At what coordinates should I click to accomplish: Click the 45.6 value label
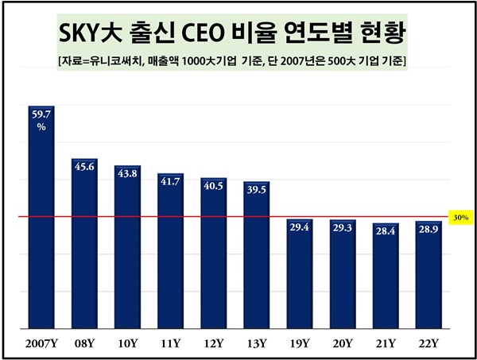84,167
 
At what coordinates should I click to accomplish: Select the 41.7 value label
170,182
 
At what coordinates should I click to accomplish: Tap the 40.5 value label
213,187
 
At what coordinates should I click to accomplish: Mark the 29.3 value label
343,228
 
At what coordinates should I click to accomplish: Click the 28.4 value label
386,231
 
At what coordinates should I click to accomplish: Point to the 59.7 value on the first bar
41,114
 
